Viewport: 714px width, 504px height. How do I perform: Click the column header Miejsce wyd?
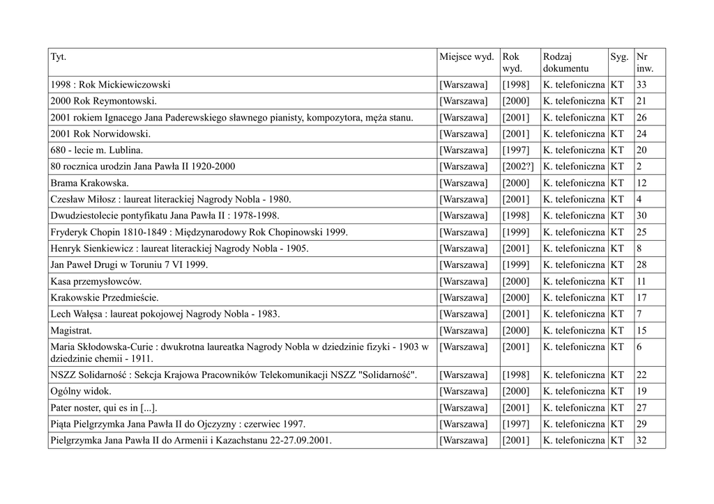pos(466,56)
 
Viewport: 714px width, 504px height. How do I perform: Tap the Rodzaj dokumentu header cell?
pos(565,63)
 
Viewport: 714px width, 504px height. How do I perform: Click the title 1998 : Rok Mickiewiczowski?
pos(110,85)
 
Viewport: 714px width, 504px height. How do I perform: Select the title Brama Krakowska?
pos(89,183)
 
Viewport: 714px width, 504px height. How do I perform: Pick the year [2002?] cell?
pos(518,166)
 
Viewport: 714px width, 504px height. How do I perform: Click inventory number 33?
pos(641,85)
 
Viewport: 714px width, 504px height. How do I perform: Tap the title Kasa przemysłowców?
pos(96,281)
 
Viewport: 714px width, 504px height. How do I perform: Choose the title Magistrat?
pos(71,330)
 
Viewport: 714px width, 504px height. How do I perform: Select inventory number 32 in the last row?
pos(641,440)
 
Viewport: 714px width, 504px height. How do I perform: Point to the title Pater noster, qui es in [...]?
pos(109,407)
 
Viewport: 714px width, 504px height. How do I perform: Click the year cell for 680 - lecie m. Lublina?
pos(515,150)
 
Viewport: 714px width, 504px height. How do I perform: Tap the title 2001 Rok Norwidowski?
pos(100,134)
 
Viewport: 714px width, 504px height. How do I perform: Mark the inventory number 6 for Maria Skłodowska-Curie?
pos(639,347)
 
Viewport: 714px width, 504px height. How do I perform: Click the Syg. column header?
pos(619,56)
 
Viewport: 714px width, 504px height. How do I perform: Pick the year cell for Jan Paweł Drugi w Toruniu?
pos(515,265)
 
